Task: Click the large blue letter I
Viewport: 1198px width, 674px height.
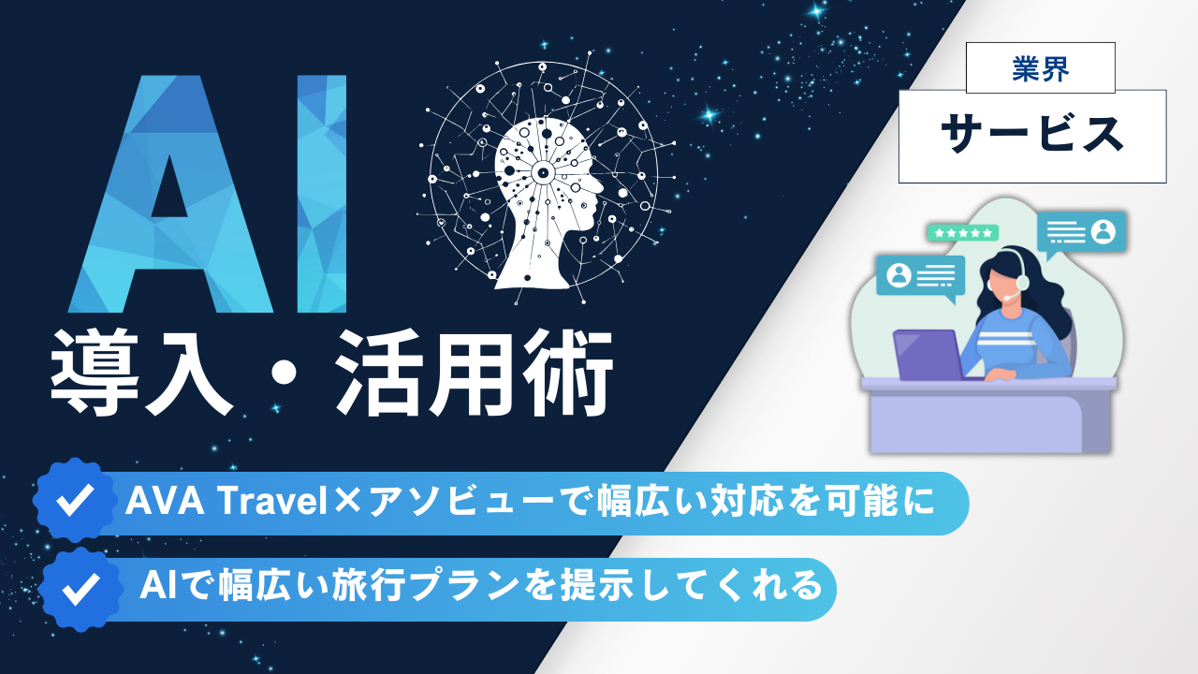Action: point(321,194)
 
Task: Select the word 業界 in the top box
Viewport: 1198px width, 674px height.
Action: point(1040,68)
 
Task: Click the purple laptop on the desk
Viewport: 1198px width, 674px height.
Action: point(927,354)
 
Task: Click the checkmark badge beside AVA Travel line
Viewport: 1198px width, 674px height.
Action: point(72,501)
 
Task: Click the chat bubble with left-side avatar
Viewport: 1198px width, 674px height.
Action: point(919,275)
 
